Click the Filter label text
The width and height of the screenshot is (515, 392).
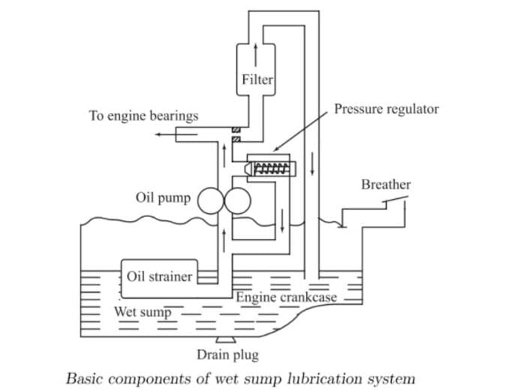[x=257, y=79]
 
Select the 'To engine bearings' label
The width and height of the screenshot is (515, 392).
[x=143, y=116]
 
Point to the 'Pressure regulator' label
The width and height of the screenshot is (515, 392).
[x=386, y=109]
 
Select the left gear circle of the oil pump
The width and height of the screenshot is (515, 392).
[x=209, y=199]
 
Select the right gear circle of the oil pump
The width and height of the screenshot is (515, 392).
[x=236, y=199]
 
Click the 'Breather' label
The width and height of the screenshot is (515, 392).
[x=386, y=184]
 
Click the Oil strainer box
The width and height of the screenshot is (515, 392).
[x=159, y=276]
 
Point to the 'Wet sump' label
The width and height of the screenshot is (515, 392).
[x=143, y=310]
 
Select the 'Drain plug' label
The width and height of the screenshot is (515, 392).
[x=227, y=354]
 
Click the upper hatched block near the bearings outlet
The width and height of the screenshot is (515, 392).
[x=236, y=129]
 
